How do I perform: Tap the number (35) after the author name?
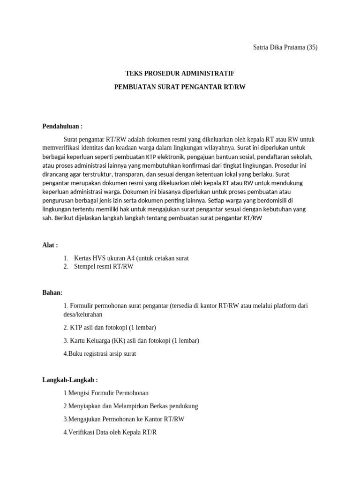312,47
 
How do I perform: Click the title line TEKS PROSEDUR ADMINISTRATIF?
180,74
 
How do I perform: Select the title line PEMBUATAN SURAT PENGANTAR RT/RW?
180,87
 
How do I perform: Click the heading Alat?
50,245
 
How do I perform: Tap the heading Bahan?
52,292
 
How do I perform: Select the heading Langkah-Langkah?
70,380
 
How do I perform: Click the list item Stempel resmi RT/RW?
104,267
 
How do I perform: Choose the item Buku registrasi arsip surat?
100,354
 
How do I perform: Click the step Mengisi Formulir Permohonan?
105,393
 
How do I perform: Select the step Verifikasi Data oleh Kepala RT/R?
110,433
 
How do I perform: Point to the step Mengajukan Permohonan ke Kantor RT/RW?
124,420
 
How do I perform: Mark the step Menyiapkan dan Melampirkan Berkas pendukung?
131,406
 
